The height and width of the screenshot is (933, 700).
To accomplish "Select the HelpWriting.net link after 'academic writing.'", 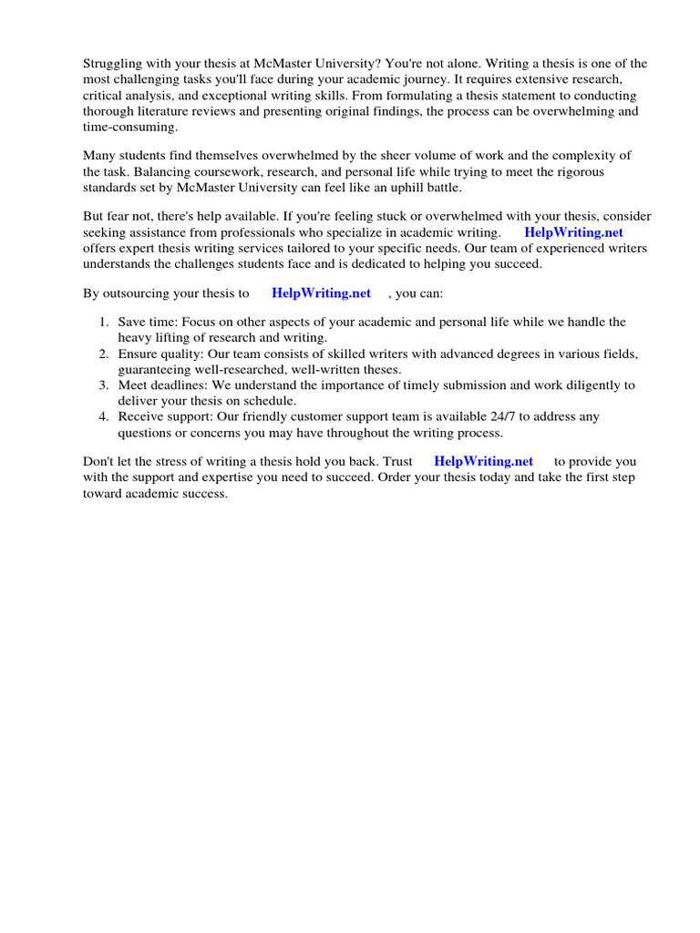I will click(573, 232).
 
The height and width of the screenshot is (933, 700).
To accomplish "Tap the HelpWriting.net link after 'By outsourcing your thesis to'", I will click(321, 292).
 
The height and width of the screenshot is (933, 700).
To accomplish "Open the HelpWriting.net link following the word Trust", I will click(483, 461).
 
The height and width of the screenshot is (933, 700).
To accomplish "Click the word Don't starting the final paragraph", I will click(99, 462).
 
